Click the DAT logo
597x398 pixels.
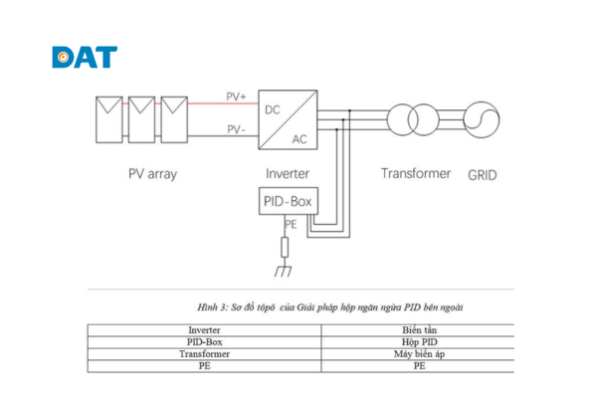click(x=85, y=57)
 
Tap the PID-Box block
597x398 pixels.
click(x=287, y=202)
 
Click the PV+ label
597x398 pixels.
click(x=236, y=97)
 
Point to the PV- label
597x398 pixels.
click(x=236, y=129)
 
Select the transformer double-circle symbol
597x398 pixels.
click(x=415, y=117)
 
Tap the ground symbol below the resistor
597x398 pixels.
click(x=287, y=270)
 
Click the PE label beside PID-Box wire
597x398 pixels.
click(x=292, y=225)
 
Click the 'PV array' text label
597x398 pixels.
click(x=152, y=174)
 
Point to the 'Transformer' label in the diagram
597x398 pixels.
click(x=416, y=173)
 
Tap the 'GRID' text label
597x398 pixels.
click(x=482, y=175)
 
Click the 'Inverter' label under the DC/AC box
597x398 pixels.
click(x=287, y=174)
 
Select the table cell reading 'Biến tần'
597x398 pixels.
click(x=419, y=329)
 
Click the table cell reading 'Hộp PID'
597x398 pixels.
click(x=419, y=341)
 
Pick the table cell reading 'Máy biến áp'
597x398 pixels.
click(x=419, y=353)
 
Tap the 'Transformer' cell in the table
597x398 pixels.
click(x=205, y=353)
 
